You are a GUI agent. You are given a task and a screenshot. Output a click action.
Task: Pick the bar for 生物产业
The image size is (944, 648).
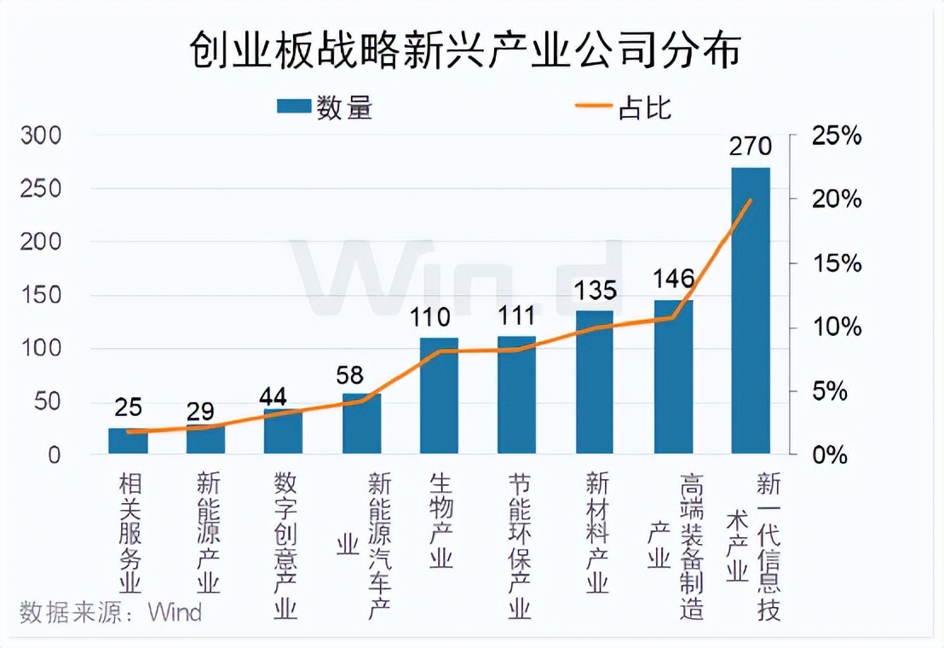[439, 396]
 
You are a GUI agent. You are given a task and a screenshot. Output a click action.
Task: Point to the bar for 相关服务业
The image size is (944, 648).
[128, 441]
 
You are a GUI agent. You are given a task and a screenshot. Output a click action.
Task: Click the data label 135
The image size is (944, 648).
[595, 291]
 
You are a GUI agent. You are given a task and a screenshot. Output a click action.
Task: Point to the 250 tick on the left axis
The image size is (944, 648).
[42, 189]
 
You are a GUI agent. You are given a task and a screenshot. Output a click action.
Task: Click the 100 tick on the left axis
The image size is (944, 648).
[42, 349]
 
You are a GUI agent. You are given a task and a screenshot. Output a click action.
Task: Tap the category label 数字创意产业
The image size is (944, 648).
[285, 547]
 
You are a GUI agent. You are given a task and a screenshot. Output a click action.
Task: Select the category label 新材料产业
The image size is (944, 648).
[596, 533]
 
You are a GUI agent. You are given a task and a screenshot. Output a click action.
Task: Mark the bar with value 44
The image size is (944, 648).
[283, 431]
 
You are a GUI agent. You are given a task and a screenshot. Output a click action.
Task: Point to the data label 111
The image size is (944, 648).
[516, 315]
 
